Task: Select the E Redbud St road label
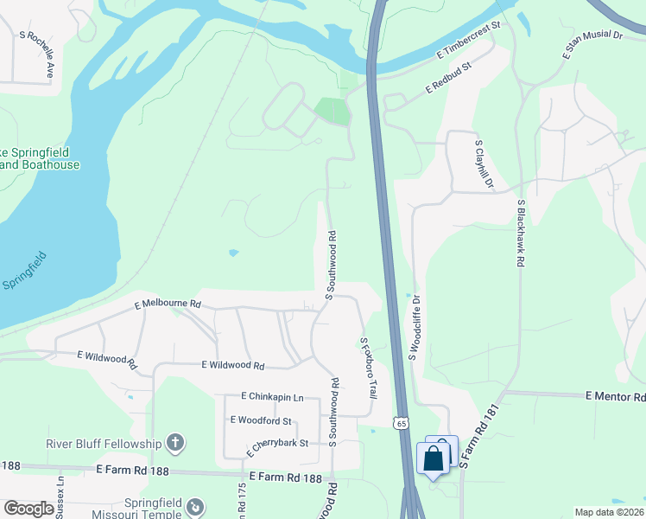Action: point(448,79)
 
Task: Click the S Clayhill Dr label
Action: point(483,163)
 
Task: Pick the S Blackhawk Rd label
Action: point(521,233)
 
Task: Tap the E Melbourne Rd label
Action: point(168,304)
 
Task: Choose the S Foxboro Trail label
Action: point(369,367)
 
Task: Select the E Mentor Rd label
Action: point(615,396)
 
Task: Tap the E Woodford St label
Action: point(261,420)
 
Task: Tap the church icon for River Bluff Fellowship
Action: point(174,444)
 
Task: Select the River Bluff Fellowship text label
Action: point(104,445)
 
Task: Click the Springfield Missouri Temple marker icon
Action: point(196,506)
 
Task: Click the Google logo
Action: point(28,509)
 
